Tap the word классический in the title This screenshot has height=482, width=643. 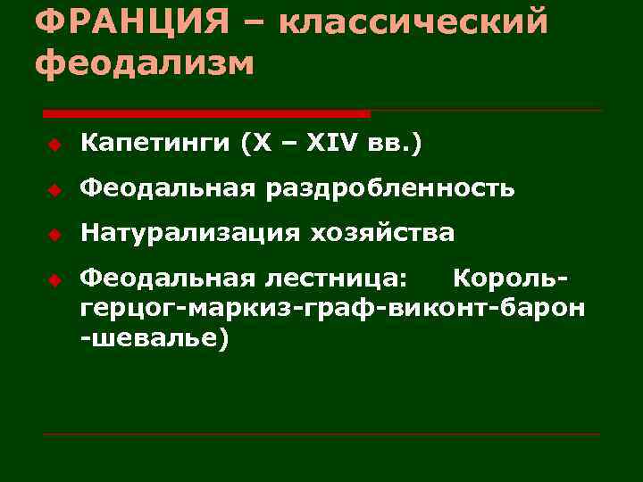click(413, 20)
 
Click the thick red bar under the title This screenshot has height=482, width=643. click(206, 113)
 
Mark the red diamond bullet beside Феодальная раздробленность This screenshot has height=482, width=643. click(54, 189)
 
